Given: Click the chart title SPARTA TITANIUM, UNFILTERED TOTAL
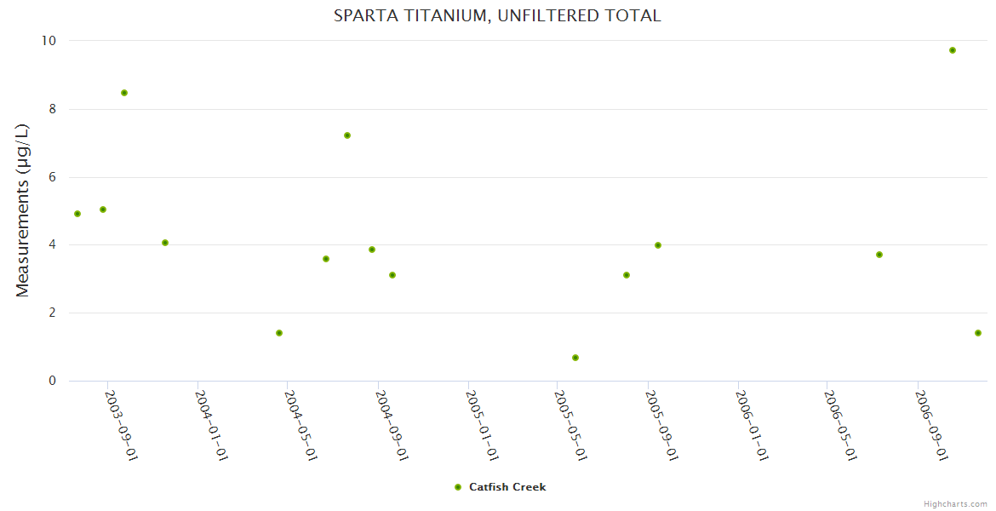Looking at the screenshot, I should click(x=497, y=15).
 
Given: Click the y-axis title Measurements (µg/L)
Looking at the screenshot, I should click(x=23, y=210).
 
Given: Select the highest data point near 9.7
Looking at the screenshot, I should click(x=953, y=50).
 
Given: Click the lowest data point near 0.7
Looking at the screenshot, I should click(x=575, y=358).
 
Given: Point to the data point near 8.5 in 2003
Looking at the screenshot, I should click(x=124, y=93).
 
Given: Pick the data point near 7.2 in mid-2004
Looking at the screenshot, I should click(x=347, y=135).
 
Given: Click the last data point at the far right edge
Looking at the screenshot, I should click(x=978, y=333).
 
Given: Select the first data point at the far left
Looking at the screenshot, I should click(x=77, y=214).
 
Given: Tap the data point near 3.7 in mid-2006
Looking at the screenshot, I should click(x=879, y=255).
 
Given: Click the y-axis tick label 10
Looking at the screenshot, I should click(x=49, y=41).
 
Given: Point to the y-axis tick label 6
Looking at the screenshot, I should click(x=52, y=177).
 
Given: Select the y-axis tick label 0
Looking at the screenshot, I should click(x=52, y=381).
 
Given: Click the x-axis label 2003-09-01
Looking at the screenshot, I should click(x=121, y=425).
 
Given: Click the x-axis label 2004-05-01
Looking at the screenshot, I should click(x=301, y=425).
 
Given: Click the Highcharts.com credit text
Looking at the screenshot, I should click(x=955, y=503).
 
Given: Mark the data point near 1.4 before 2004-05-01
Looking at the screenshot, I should click(x=279, y=333).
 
